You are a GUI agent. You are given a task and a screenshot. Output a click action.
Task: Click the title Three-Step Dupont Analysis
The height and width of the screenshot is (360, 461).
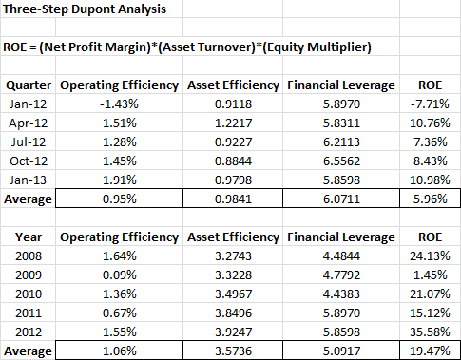[x=85, y=9]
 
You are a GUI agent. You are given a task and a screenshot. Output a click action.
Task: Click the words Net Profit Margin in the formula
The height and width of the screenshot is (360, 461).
[x=94, y=47]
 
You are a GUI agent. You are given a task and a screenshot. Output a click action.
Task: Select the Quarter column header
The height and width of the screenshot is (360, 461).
[x=29, y=85]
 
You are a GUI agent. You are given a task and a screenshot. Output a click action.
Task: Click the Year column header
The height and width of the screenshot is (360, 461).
[x=29, y=237]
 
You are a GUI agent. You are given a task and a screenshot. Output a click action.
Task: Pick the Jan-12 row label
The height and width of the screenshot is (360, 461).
[x=28, y=104]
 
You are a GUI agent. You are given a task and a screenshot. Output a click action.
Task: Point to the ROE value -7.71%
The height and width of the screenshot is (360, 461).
[x=430, y=104]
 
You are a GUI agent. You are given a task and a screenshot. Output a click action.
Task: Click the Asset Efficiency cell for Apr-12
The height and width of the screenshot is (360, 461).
[x=233, y=123]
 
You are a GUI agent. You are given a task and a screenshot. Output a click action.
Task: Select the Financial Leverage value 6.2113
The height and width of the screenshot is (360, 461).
[x=341, y=142]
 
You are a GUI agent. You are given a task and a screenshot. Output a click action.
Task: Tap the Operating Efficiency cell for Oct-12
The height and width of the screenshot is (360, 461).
[x=120, y=161]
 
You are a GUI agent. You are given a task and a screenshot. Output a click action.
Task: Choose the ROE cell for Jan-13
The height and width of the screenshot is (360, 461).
[x=430, y=180]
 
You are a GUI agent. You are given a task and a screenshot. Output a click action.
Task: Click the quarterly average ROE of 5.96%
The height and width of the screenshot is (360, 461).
[x=430, y=199]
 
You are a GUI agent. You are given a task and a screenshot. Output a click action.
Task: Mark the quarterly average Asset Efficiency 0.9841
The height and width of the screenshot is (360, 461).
[x=233, y=199]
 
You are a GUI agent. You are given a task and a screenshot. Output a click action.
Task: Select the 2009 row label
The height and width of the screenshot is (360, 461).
[x=29, y=275]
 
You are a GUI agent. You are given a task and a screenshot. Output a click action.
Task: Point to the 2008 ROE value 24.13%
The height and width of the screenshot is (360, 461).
[x=430, y=256]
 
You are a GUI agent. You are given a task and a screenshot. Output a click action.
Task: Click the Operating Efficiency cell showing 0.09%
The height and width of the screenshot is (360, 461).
[x=120, y=275]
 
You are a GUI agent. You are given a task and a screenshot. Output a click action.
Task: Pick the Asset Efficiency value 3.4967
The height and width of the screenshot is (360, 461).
[x=233, y=294]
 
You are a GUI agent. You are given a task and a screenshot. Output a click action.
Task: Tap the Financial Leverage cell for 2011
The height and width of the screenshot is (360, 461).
[x=341, y=313]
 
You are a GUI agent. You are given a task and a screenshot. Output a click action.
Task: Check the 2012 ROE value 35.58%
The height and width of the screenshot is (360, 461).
[x=430, y=332]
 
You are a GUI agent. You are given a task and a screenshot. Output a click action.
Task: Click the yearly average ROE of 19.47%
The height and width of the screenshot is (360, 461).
[x=430, y=351]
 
